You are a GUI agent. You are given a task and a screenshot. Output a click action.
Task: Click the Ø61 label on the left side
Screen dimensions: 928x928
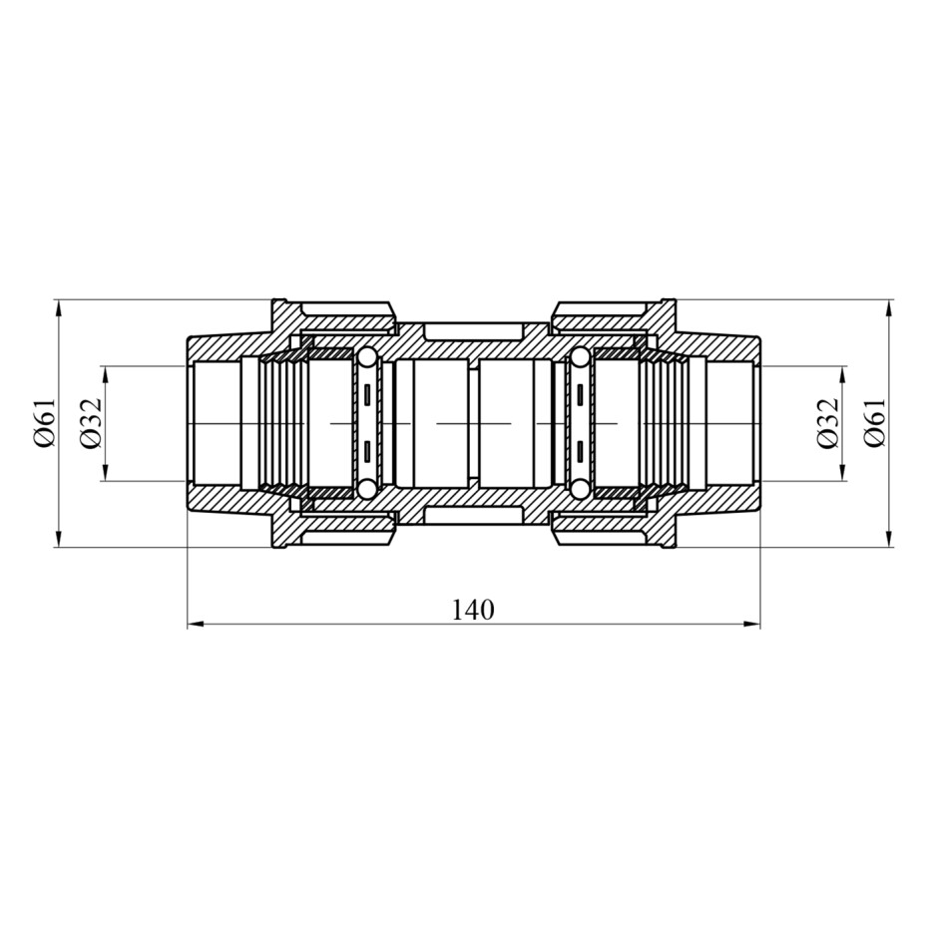[x=46, y=423]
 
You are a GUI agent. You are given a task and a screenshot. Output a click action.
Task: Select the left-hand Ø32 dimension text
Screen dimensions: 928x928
[x=91, y=423]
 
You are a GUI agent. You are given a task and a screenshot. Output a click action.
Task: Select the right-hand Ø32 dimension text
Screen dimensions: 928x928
[x=828, y=423]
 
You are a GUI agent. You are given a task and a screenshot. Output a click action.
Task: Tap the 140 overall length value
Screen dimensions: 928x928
[x=473, y=610]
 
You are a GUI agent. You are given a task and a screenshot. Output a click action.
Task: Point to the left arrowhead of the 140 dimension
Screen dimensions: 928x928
[x=196, y=624]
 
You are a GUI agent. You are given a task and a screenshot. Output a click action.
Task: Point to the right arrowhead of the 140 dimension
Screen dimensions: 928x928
[x=751, y=624]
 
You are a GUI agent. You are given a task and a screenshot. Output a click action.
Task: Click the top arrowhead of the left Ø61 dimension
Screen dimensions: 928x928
[x=58, y=308]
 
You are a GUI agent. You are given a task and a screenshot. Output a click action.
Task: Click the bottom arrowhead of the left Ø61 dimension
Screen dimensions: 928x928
[x=58, y=539]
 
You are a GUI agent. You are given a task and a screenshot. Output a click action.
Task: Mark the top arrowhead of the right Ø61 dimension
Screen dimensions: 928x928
[x=888, y=308]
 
